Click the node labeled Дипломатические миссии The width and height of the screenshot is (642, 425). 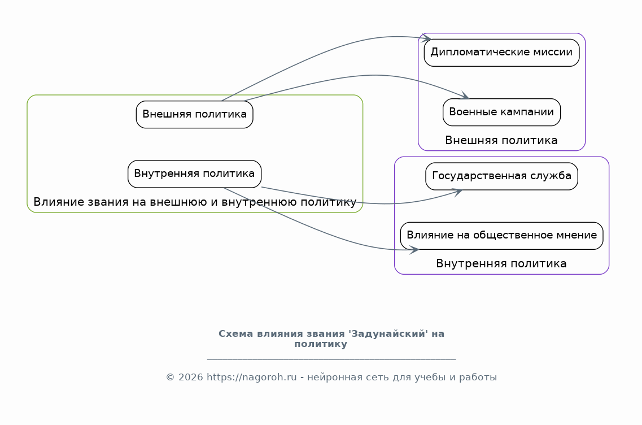click(501, 53)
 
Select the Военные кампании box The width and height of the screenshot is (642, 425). click(501, 112)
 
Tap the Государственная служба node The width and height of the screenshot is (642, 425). click(501, 176)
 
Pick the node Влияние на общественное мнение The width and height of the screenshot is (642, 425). click(501, 236)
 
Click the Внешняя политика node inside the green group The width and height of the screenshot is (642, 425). click(194, 114)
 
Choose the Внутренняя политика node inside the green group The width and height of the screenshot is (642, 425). click(194, 174)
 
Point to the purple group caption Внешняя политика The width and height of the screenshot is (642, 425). click(501, 141)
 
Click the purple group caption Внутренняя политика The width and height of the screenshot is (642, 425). click(501, 263)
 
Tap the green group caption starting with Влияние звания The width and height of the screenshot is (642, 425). click(195, 202)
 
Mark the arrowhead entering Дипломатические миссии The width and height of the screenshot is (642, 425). click(427, 38)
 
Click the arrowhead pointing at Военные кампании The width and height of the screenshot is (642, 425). click(465, 96)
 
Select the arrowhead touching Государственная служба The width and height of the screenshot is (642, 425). click(457, 192)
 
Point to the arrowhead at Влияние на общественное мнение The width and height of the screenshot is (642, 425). click(414, 250)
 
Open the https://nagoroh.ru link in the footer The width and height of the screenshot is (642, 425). click(251, 377)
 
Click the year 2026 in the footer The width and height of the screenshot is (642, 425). click(190, 377)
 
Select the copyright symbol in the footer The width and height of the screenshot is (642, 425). click(171, 377)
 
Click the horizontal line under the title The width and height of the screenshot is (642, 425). click(331, 359)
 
